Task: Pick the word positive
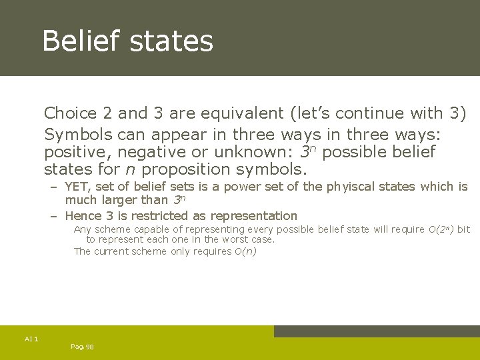(75, 152)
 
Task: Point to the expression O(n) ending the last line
(245, 251)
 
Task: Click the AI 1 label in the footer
(31, 339)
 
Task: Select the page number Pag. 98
(81, 347)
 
